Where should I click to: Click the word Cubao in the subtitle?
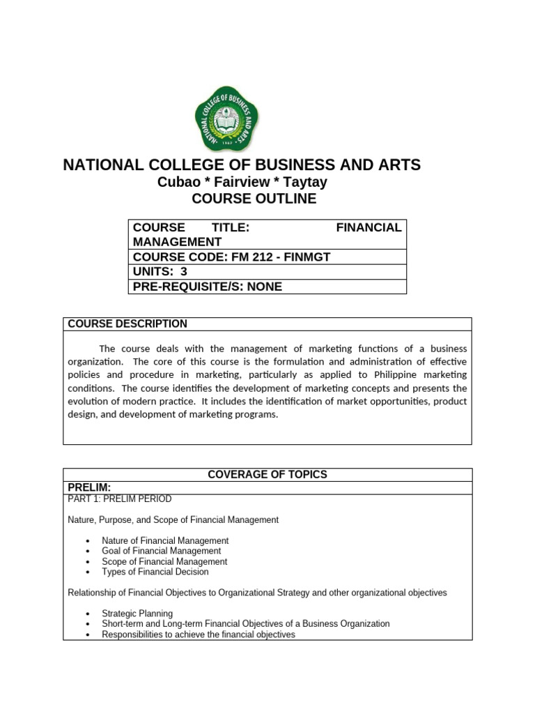[178, 182]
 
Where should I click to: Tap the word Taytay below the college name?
[302, 182]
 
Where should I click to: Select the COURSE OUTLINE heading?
[254, 199]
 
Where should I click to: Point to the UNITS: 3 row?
[160, 272]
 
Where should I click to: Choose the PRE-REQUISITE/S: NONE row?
[208, 287]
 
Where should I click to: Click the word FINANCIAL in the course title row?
[369, 227]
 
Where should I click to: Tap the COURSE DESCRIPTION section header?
[127, 324]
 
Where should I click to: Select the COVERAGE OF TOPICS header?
[267, 474]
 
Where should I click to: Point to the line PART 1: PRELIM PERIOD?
[119, 499]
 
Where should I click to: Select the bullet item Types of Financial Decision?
[155, 572]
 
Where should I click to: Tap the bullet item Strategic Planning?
[137, 614]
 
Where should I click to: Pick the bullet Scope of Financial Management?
[164, 561]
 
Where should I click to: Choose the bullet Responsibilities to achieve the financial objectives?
[199, 635]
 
